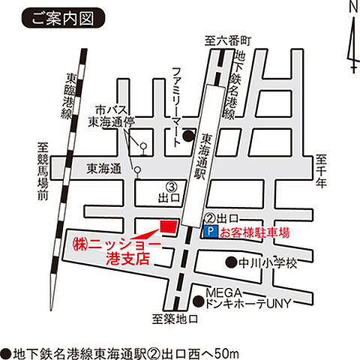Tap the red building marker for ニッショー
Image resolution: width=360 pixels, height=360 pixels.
168,225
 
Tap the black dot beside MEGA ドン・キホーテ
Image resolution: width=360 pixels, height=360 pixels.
199,301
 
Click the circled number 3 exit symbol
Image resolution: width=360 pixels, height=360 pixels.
170,186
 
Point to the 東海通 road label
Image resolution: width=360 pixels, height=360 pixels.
103,169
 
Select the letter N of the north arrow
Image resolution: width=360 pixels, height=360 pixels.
354,7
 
